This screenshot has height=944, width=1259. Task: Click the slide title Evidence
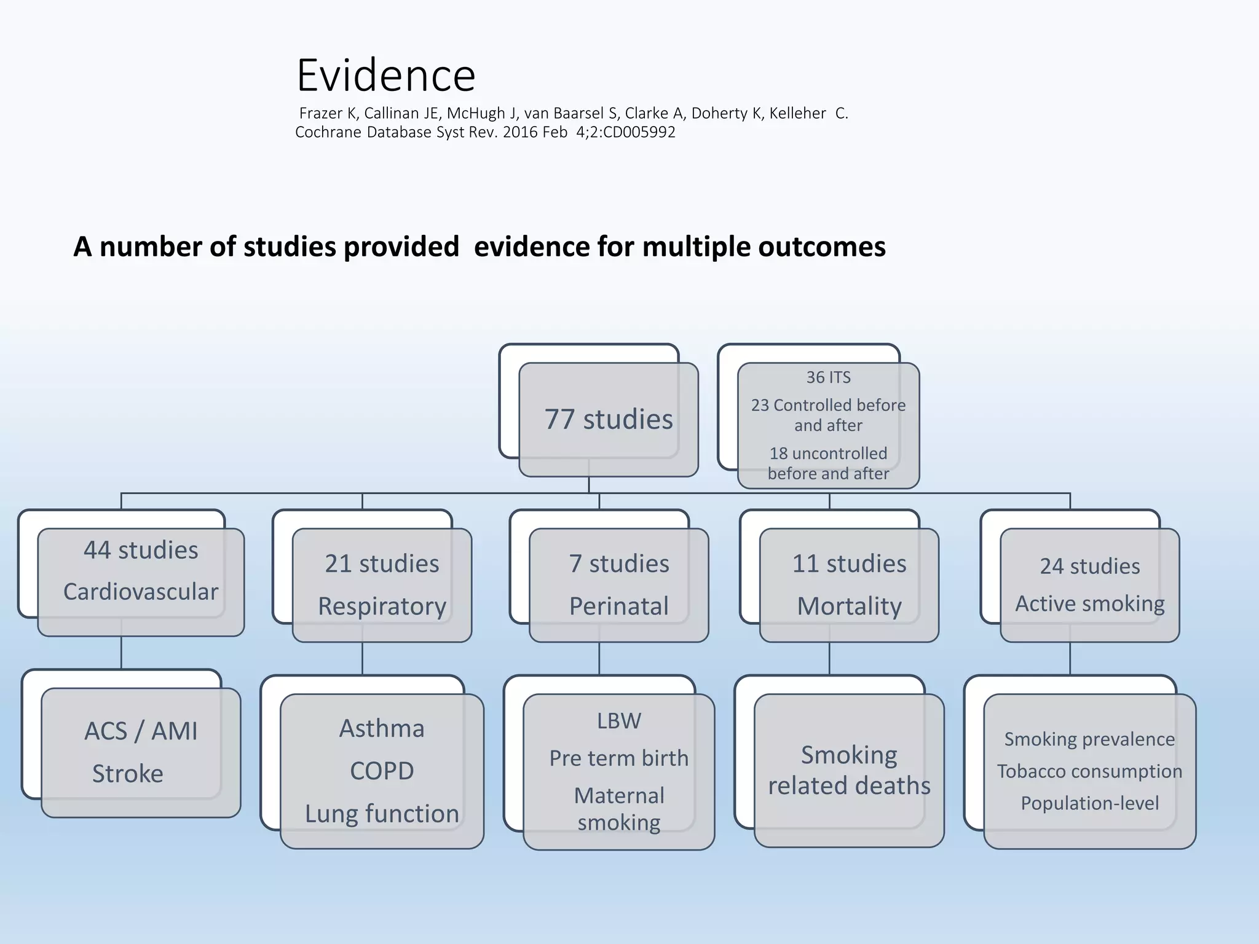coord(385,75)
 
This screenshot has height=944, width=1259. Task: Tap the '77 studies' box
coord(608,419)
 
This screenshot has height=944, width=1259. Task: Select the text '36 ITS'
coord(828,377)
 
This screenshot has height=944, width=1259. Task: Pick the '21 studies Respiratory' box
coord(382,584)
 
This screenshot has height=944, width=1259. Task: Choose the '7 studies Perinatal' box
coord(618,584)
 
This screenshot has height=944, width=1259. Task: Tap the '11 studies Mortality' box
coord(849,584)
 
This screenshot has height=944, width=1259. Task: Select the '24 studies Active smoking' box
coord(1089,584)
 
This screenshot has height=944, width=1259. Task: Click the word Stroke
coord(128,773)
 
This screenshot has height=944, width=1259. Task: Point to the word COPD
coord(382,771)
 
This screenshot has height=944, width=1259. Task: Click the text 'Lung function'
coord(382,814)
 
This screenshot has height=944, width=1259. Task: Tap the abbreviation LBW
coord(618,721)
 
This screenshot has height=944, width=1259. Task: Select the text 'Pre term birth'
coord(618,758)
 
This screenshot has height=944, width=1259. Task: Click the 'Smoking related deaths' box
coord(849,770)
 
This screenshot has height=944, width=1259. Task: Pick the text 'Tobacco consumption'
coord(1089,771)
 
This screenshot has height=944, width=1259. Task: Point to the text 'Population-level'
coord(1089,803)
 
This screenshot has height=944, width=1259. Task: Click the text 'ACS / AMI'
coord(141,731)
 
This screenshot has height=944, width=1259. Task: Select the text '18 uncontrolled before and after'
coord(828,463)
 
